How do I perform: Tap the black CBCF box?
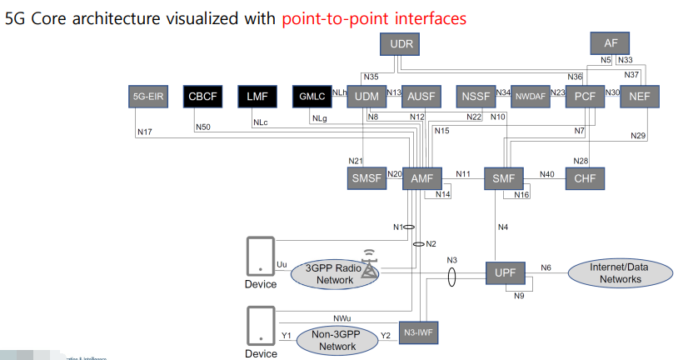202,97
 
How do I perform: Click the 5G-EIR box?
148,97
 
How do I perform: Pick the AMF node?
421,178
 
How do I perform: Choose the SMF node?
503,178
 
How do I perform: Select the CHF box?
585,178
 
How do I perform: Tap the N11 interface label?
463,174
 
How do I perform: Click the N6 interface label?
546,267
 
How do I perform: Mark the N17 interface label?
144,131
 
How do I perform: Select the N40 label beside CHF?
546,174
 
